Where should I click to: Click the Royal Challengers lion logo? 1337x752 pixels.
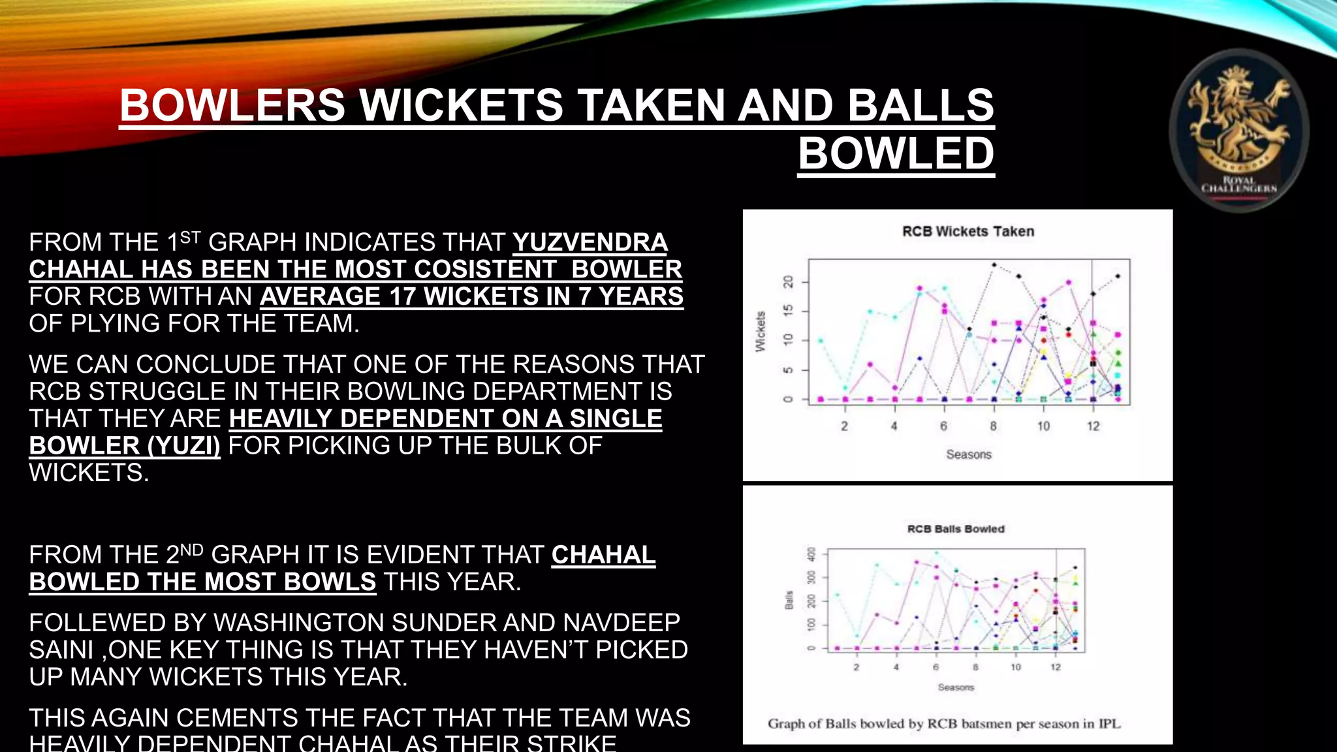pos(1238,131)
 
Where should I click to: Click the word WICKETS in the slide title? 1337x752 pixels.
pos(461,105)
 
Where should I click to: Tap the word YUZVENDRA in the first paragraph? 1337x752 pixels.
pos(590,242)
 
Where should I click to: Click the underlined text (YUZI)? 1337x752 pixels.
pos(183,446)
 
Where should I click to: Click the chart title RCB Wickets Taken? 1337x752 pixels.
pos(968,232)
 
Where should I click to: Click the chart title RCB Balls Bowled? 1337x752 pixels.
pos(956,529)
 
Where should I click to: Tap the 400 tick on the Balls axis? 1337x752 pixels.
pos(811,554)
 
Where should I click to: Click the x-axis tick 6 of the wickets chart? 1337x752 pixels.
pos(943,426)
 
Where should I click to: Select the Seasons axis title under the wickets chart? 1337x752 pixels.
pos(969,454)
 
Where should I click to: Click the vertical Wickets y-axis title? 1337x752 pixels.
pos(760,332)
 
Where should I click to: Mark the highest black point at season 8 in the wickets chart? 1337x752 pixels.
pos(994,264)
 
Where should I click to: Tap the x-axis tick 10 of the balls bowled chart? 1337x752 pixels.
pos(1016,667)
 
